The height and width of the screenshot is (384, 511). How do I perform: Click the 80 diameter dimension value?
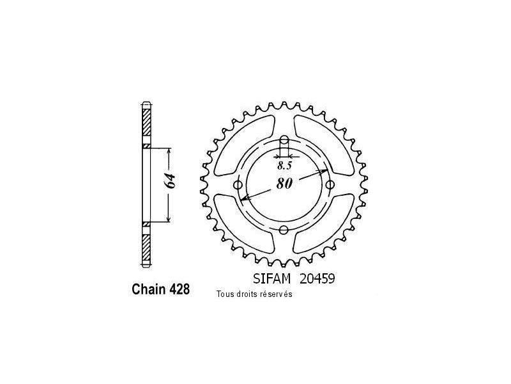284,184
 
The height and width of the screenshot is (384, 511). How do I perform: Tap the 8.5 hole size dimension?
284,166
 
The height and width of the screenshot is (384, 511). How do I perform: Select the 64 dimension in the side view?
170,181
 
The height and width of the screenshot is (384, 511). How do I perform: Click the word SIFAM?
271,279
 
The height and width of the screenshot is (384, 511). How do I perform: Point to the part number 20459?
317,279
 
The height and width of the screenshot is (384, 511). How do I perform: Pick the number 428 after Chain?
179,289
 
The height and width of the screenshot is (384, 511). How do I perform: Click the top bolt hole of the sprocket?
284,140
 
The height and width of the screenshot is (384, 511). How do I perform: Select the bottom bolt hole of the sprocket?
284,230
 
